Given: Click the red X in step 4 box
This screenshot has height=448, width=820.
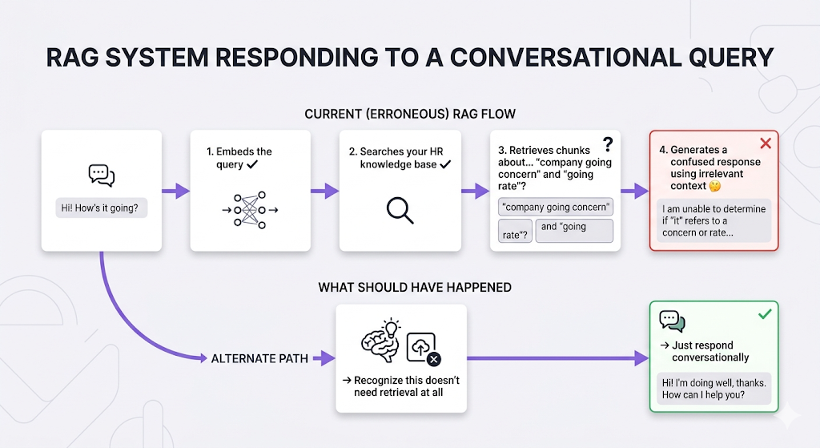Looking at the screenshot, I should pyautogui.click(x=765, y=143).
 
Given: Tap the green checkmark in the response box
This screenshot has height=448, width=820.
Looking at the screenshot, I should pyautogui.click(x=765, y=314).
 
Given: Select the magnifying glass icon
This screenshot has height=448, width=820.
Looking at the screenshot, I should pyautogui.click(x=400, y=209).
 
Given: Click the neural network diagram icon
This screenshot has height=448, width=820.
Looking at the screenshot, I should pyautogui.click(x=248, y=210).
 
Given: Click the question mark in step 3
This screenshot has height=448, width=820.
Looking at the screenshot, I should pyautogui.click(x=608, y=144).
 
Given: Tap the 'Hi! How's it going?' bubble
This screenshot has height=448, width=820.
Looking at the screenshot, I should pyautogui.click(x=101, y=208).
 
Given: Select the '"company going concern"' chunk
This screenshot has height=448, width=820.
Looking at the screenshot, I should pyautogui.click(x=555, y=207).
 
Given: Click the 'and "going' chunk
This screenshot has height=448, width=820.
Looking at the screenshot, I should pyautogui.click(x=573, y=230).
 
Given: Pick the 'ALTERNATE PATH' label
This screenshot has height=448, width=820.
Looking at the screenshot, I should pyautogui.click(x=259, y=358).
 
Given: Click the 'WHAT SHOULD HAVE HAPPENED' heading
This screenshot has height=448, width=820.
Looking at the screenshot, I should pyautogui.click(x=415, y=287).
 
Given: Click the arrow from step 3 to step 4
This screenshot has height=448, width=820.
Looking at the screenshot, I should pyautogui.click(x=634, y=191).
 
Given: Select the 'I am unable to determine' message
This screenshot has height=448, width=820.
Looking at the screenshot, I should pyautogui.click(x=713, y=220).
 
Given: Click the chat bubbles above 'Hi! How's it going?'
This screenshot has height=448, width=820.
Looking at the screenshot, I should pyautogui.click(x=101, y=175).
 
